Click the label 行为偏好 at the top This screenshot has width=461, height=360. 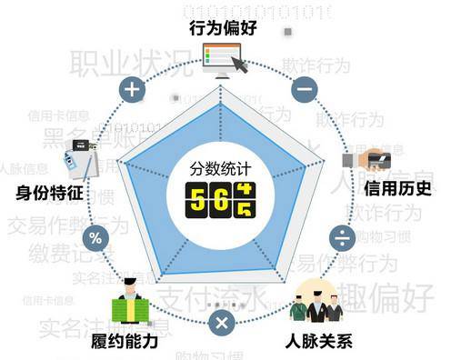pos(224,28)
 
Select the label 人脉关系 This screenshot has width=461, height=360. pos(323,343)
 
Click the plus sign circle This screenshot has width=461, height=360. pos(133,89)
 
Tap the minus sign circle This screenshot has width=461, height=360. pos(305,89)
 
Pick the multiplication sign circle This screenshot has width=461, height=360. pos(221,322)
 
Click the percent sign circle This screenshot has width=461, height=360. pos(95,239)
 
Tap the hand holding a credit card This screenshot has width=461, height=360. pos(367,159)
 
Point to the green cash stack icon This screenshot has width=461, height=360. pos(129,305)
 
